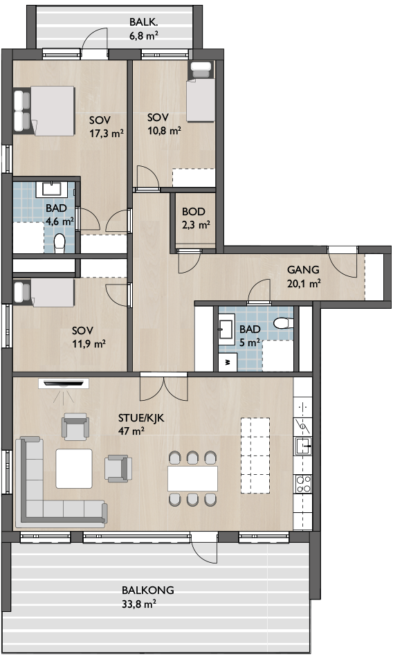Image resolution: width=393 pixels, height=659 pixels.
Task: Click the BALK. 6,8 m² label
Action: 144,28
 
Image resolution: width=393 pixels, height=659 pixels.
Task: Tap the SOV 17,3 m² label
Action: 107,127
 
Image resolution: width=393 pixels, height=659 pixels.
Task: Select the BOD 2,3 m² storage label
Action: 196,218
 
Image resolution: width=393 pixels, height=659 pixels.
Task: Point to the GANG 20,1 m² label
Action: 304,277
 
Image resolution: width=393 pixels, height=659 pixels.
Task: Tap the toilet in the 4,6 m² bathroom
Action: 60,244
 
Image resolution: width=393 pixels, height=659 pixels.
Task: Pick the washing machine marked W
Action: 228,362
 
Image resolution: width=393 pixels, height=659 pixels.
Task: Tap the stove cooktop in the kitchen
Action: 303,484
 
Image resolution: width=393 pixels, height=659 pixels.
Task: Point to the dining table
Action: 193,478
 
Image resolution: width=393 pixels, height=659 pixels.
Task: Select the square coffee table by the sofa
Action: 74,469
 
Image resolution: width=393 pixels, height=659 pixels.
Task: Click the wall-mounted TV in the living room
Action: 64,383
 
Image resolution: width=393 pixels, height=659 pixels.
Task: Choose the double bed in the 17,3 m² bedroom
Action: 44,111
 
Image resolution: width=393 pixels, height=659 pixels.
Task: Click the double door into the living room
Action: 164,386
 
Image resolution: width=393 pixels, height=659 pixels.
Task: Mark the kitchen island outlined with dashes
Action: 255,455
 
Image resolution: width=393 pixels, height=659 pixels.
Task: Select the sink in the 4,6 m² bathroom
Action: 52,189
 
